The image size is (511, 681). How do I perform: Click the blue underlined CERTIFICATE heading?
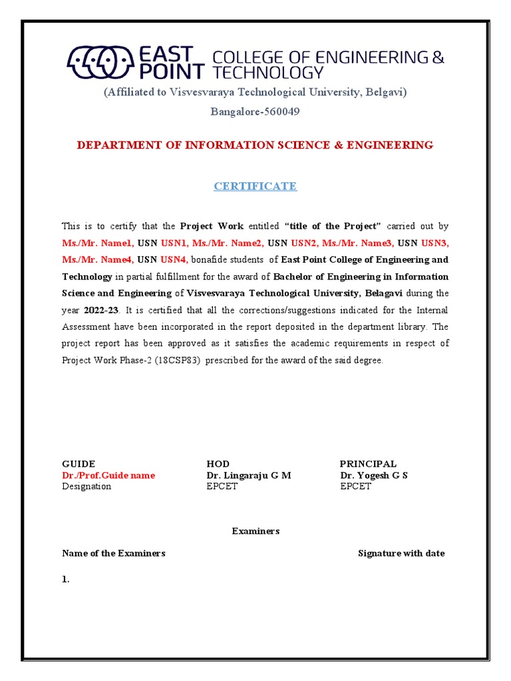click(x=255, y=186)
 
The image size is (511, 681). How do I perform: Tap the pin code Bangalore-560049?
click(x=255, y=112)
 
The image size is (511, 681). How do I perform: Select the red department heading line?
click(x=255, y=145)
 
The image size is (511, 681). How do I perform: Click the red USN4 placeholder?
click(x=174, y=259)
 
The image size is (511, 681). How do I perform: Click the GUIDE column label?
click(x=79, y=464)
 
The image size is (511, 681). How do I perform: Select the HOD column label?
click(x=218, y=464)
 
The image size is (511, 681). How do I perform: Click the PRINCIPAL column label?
click(x=368, y=464)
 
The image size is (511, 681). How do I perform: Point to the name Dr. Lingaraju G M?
click(x=249, y=476)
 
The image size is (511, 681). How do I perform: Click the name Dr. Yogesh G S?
click(x=374, y=476)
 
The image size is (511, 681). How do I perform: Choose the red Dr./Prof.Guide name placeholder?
click(x=108, y=476)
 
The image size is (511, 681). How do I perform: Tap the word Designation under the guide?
click(x=86, y=486)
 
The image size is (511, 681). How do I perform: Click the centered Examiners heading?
click(x=255, y=531)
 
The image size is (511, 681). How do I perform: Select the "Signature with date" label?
click(x=401, y=553)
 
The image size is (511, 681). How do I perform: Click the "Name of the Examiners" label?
click(x=114, y=553)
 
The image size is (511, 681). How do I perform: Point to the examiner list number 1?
click(x=65, y=579)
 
